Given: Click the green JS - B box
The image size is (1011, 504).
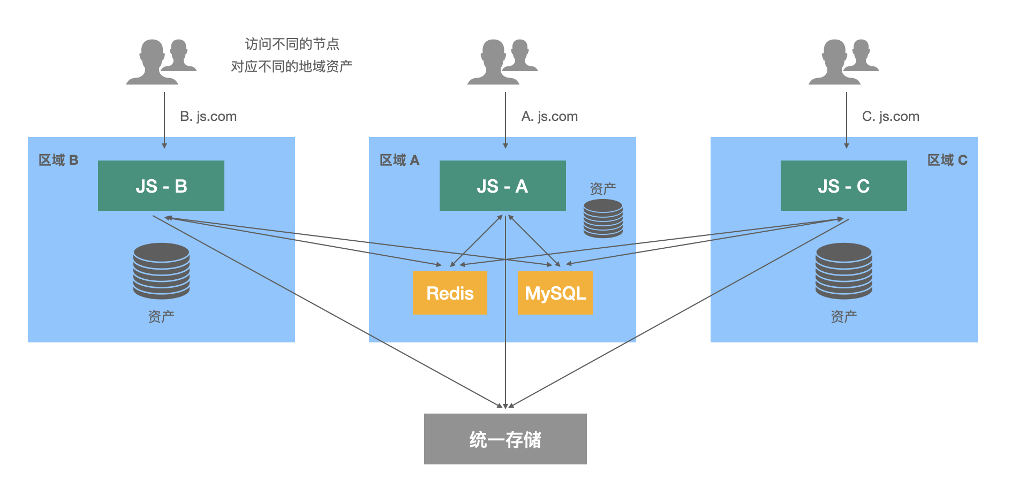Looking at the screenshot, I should (161, 186).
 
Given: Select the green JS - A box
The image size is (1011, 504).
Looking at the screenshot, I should (502, 186).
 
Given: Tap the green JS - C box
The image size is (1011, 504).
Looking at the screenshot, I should (843, 186).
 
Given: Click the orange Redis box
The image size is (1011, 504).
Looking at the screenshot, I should (450, 293).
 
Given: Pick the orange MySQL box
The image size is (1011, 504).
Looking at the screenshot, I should (555, 293).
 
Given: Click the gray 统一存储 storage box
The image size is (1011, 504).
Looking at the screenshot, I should (505, 439).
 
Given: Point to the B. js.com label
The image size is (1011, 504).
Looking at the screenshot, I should (208, 117).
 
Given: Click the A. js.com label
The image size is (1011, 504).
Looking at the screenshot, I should (549, 117).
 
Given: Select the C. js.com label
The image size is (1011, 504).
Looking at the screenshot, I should (891, 117).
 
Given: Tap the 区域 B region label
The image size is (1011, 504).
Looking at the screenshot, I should (58, 160).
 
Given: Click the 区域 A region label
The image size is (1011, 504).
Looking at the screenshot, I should (399, 160).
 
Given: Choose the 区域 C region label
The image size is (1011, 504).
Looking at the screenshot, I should (947, 160).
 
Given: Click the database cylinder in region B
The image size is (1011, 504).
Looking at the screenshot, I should (161, 271).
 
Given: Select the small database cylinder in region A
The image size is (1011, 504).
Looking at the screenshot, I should (603, 218).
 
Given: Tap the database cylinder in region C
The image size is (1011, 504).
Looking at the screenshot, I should (844, 271).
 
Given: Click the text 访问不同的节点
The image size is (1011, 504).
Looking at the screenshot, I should (292, 44).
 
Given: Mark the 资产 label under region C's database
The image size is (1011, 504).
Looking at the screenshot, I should (844, 317).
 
